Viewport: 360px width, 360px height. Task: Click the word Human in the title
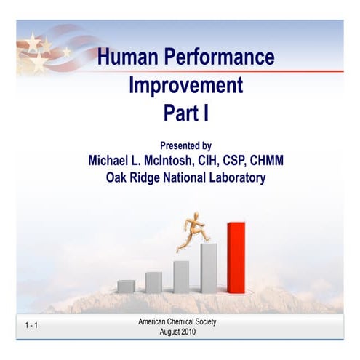click(127, 57)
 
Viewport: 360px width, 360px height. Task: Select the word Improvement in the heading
click(185, 85)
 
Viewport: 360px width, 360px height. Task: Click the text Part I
click(185, 113)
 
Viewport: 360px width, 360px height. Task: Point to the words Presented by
click(185, 145)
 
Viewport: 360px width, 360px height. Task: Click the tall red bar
click(236, 257)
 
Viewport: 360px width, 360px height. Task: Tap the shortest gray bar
click(126, 286)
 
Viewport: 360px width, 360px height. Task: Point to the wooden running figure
click(191, 231)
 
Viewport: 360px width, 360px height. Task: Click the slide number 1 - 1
click(31, 325)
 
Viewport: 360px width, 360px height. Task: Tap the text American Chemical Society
click(177, 321)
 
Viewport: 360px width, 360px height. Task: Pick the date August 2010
click(177, 332)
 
